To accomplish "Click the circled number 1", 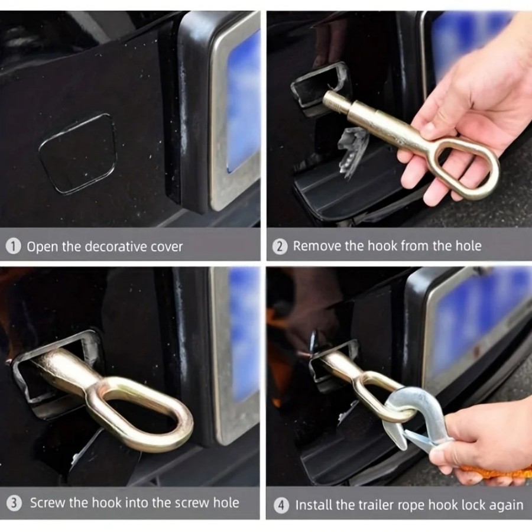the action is pyautogui.click(x=14, y=246).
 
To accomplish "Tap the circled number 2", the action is pyautogui.click(x=280, y=246).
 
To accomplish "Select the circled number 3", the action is pyautogui.click(x=14, y=503).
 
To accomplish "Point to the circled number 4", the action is pyautogui.click(x=281, y=505).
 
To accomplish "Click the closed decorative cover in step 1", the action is pyautogui.click(x=78, y=154).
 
